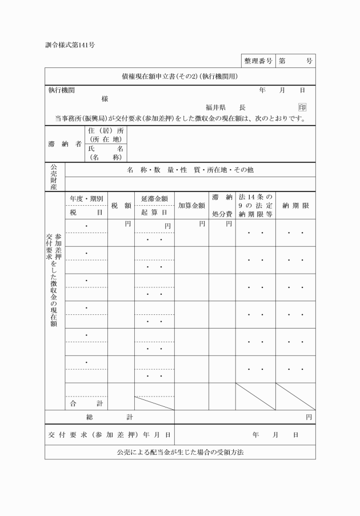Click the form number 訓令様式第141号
pyautogui.click(x=70, y=45)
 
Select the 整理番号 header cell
pyautogui.click(x=257, y=61)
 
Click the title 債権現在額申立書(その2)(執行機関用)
pyautogui.click(x=180, y=76)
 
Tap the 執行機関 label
pyautogui.click(x=61, y=90)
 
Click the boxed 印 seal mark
pyautogui.click(x=302, y=107)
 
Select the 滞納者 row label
pyautogui.click(x=65, y=145)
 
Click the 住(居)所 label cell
pyautogui.click(x=106, y=135)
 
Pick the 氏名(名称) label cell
pyautogui.click(x=106, y=153)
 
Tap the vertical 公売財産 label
pyautogui.click(x=55, y=177)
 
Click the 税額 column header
pyautogui.click(x=121, y=205)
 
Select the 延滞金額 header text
pyautogui.click(x=154, y=198)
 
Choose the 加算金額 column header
pyautogui.click(x=191, y=205)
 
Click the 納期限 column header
pyautogui.click(x=295, y=205)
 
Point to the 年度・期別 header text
pyautogui.click(x=86, y=198)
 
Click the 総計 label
pyautogui.click(x=109, y=417)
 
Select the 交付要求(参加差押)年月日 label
pyautogui.click(x=109, y=434)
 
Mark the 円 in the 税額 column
pyautogui.click(x=128, y=224)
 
